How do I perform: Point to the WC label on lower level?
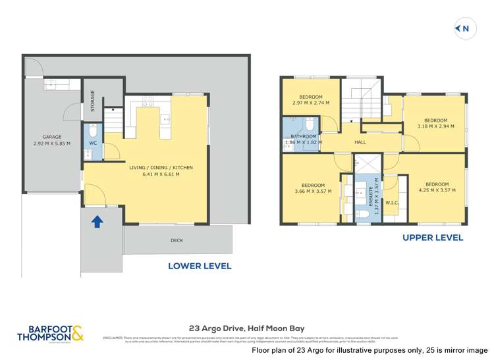click(x=93, y=142)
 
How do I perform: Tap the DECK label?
click(x=177, y=240)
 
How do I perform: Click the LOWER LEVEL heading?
click(x=200, y=267)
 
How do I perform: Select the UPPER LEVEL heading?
click(x=433, y=238)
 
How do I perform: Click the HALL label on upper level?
click(x=360, y=142)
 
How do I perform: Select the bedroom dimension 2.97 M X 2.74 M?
click(x=311, y=103)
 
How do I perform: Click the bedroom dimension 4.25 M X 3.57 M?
click(x=437, y=190)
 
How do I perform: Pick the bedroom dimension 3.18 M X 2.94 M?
click(x=436, y=127)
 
